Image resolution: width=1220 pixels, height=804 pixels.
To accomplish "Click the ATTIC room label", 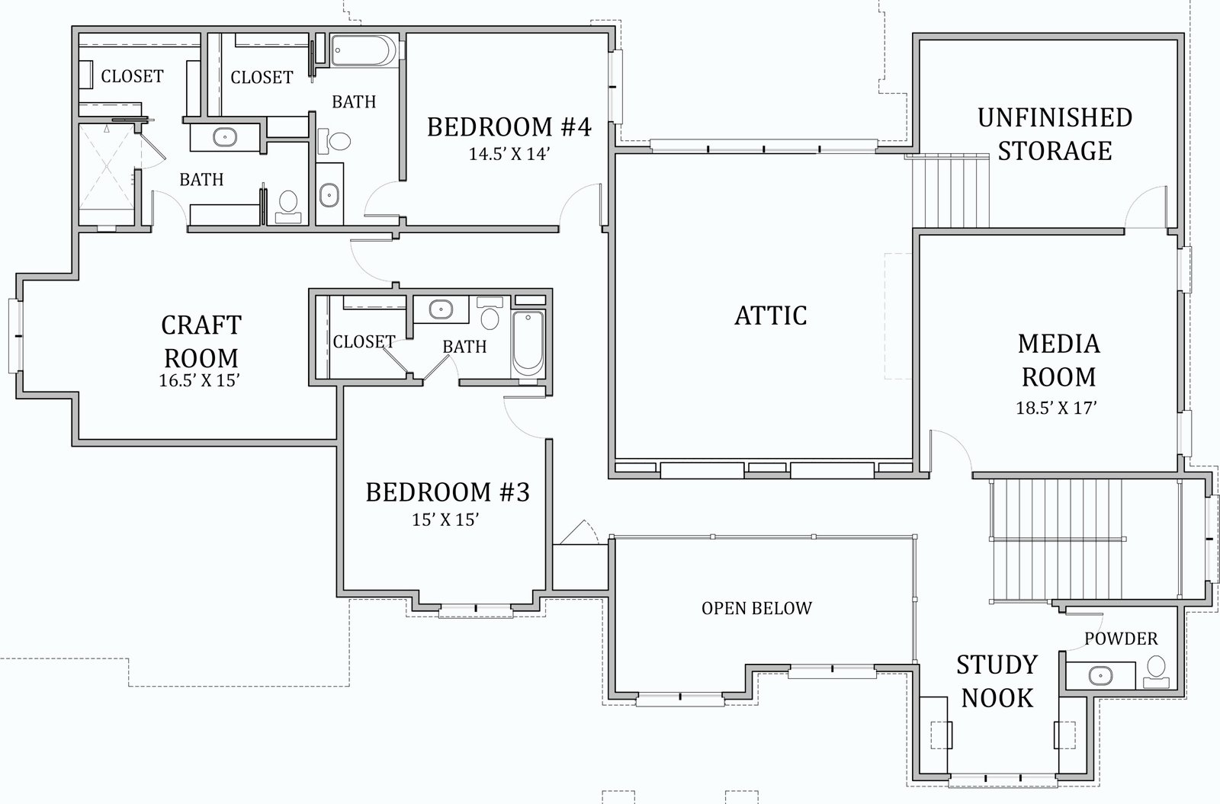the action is click(771, 316).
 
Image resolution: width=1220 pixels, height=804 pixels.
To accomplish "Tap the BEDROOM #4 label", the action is click(509, 127).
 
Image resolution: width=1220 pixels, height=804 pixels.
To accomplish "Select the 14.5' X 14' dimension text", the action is click(509, 154).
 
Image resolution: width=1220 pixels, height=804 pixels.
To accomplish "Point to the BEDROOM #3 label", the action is click(447, 492).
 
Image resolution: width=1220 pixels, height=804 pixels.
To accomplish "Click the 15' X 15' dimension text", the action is click(445, 520).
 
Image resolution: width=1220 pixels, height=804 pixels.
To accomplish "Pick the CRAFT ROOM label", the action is click(201, 342).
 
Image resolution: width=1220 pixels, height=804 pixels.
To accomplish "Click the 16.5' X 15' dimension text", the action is click(199, 380).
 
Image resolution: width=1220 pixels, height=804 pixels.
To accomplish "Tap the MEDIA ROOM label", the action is click(1059, 360).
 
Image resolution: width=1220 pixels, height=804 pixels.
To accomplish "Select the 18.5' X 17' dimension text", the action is click(1056, 408).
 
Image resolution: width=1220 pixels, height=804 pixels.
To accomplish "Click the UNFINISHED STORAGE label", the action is click(1055, 134).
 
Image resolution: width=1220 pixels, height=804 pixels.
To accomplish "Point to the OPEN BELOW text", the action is click(756, 608).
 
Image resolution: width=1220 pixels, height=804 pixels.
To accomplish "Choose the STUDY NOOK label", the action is click(997, 681).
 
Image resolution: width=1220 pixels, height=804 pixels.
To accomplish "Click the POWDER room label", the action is click(1121, 639).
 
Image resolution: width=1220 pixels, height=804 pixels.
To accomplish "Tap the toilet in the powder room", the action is click(1156, 671).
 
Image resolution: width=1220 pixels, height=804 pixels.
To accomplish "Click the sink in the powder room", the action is click(1101, 676).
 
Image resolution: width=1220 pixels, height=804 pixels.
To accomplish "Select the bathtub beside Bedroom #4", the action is click(363, 50).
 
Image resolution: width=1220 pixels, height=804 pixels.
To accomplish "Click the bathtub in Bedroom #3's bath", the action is click(528, 344).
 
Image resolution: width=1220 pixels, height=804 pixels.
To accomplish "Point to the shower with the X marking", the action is click(107, 175).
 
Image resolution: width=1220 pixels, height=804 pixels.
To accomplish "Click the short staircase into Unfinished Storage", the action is click(950, 191).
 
